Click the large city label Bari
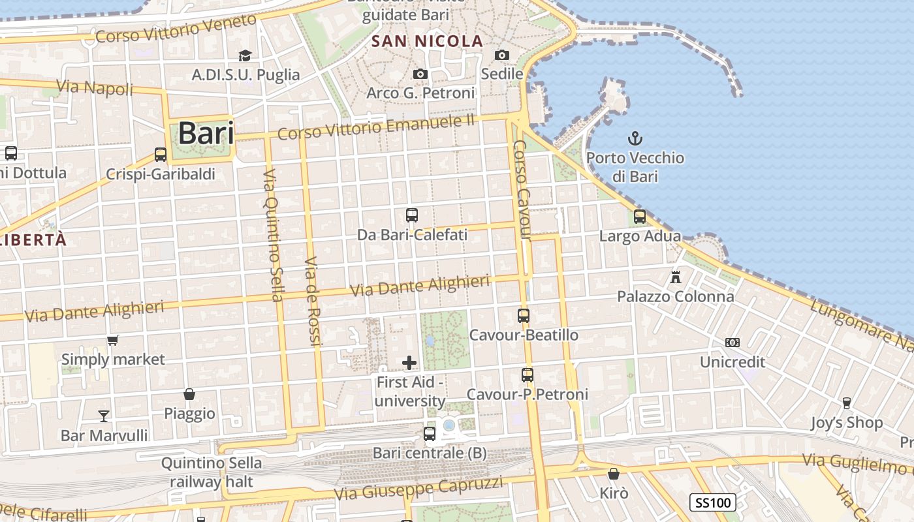[206, 133]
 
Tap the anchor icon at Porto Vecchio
[635, 138]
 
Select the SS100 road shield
[713, 502]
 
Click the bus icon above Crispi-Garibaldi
[161, 155]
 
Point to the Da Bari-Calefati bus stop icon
[412, 215]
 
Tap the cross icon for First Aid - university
[409, 363]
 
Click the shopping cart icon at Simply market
[113, 340]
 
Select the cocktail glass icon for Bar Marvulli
[104, 416]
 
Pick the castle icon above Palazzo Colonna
[676, 277]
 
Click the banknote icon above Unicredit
[733, 343]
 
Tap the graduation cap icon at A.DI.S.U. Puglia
[245, 55]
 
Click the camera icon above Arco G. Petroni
[420, 74]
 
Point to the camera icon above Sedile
[502, 55]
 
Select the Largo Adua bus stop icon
[640, 217]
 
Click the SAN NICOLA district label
[428, 42]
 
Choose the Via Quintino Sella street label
[272, 236]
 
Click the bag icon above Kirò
[613, 474]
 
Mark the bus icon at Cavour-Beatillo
[524, 316]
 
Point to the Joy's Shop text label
[846, 423]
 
